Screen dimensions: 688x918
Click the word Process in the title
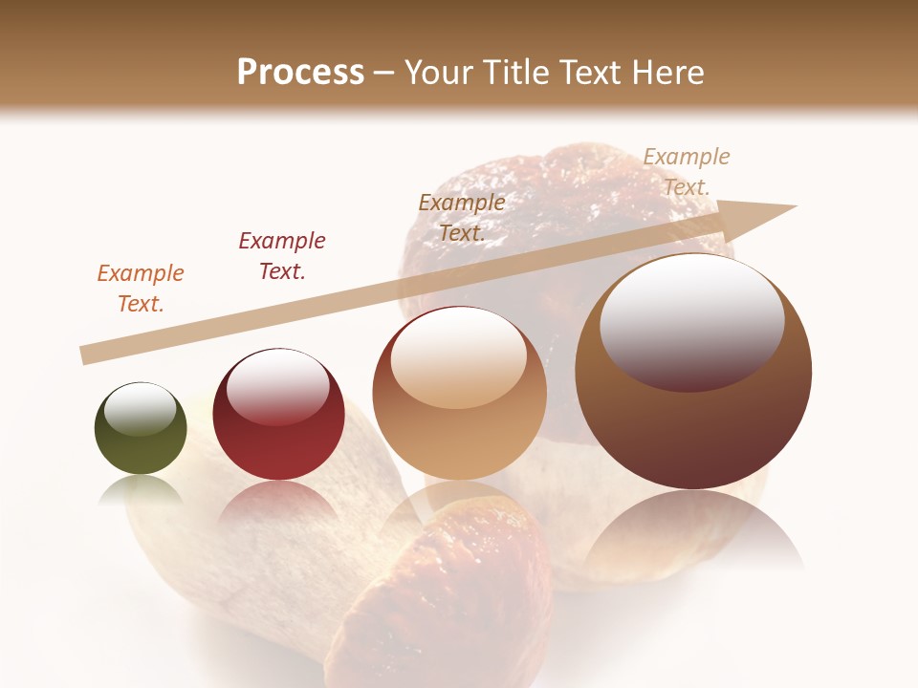pyautogui.click(x=300, y=73)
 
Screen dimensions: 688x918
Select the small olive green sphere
pyautogui.click(x=141, y=429)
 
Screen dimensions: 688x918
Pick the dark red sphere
pyautogui.click(x=278, y=415)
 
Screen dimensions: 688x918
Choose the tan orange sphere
pyautogui.click(x=460, y=394)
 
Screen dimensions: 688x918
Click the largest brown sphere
pyautogui.click(x=693, y=372)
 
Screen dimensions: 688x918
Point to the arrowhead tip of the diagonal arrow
pyautogui.click(x=795, y=206)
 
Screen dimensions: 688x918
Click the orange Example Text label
pyautogui.click(x=141, y=289)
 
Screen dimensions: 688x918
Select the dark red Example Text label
pyautogui.click(x=282, y=256)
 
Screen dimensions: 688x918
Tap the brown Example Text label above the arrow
pyautogui.click(x=462, y=217)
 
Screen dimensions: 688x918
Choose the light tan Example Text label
pyautogui.click(x=686, y=172)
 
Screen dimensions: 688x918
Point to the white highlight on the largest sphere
pyautogui.click(x=691, y=320)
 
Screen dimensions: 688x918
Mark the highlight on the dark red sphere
pyautogui.click(x=277, y=387)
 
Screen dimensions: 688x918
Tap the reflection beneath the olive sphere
pyautogui.click(x=141, y=489)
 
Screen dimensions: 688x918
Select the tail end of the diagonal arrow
pyautogui.click(x=84, y=355)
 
